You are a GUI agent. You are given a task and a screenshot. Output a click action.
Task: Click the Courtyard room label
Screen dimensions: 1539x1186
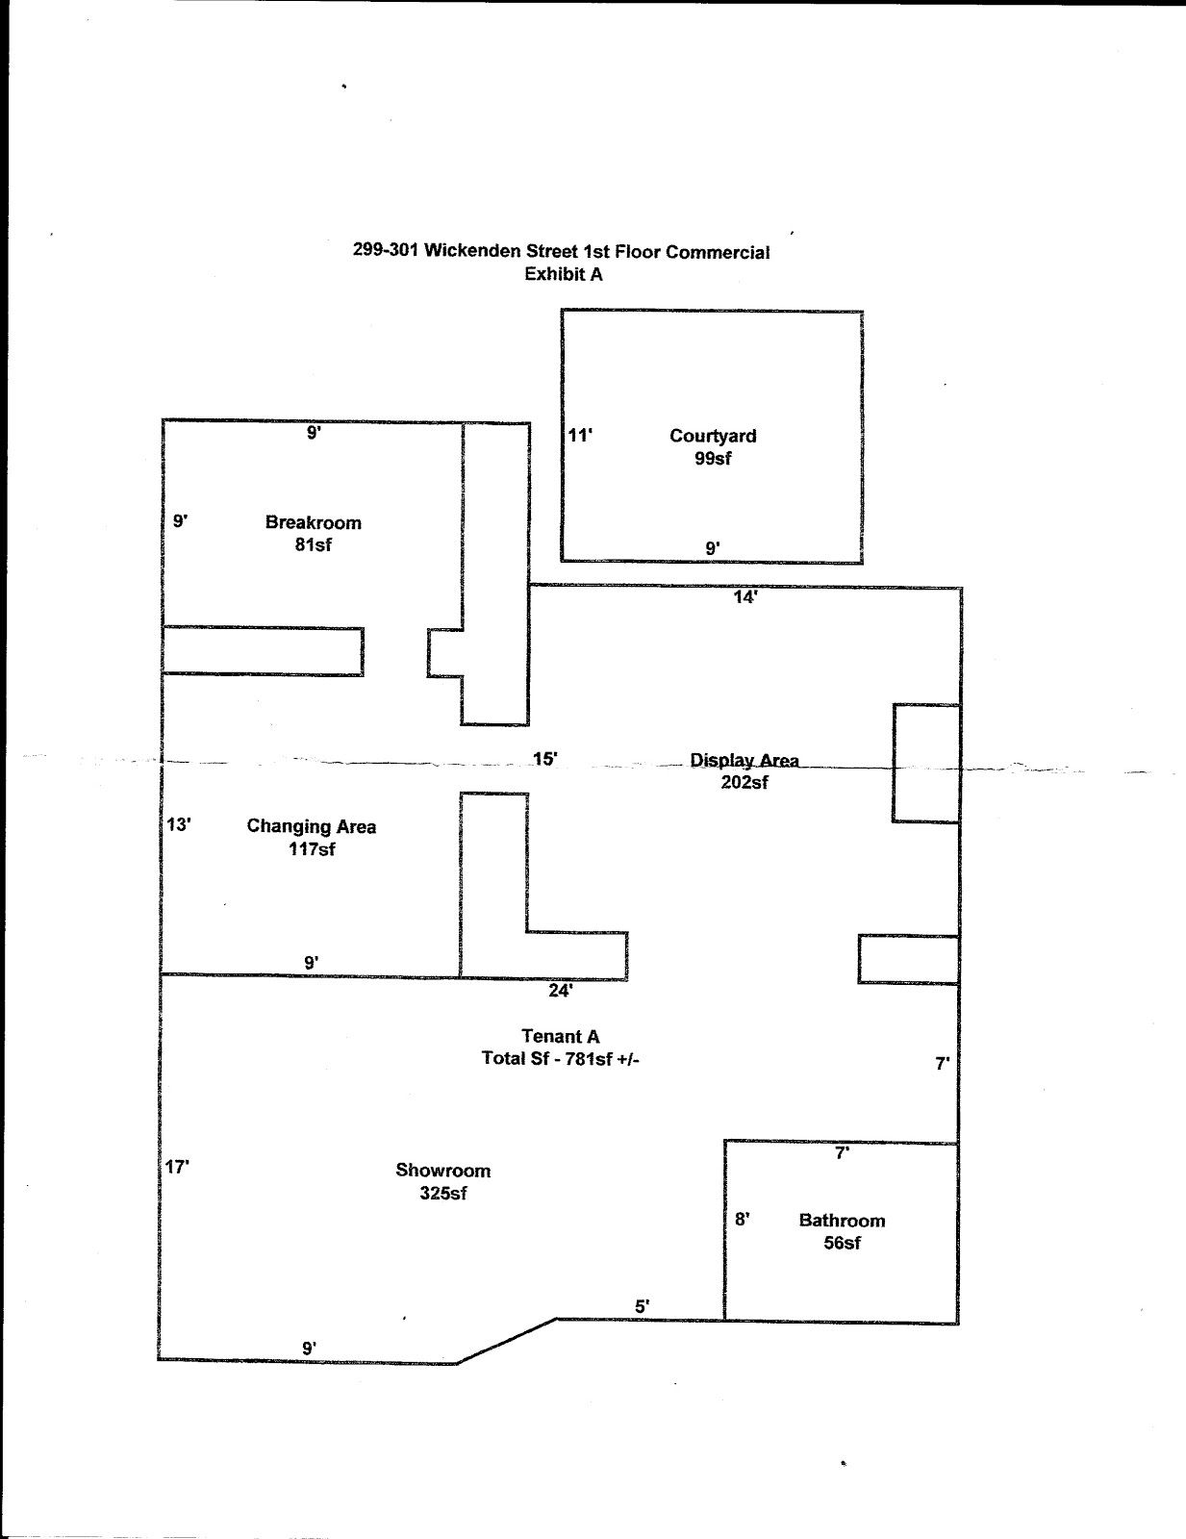[x=713, y=436]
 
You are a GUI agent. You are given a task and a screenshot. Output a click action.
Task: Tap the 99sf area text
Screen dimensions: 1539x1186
[x=713, y=459]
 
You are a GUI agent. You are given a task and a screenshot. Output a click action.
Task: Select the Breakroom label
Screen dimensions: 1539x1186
[x=314, y=522]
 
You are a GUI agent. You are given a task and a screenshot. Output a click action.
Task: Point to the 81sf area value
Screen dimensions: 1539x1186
[x=314, y=544]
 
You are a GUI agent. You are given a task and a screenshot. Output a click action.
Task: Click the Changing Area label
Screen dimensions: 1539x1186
[x=312, y=826]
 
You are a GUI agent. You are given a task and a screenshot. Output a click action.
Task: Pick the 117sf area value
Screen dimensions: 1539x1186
[x=312, y=849]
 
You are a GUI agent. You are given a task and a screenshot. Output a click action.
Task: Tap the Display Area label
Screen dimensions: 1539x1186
[x=744, y=761]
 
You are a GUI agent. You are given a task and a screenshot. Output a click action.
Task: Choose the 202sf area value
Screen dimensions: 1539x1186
[x=744, y=783]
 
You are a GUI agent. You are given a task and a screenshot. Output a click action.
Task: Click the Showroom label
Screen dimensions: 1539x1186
[x=443, y=1171]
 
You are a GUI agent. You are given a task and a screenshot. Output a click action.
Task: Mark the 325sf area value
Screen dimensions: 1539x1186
[x=443, y=1194]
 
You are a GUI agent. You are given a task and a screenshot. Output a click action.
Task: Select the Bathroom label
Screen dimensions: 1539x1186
[x=842, y=1221]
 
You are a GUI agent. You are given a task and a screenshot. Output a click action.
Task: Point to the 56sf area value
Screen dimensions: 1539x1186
[x=842, y=1243]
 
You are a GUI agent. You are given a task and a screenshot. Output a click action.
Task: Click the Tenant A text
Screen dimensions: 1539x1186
[x=561, y=1036]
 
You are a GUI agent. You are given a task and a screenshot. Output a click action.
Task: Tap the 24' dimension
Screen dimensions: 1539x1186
[x=561, y=990]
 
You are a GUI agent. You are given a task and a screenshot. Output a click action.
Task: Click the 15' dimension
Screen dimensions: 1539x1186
[x=544, y=759]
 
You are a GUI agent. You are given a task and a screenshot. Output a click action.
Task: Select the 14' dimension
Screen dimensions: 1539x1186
[x=745, y=597]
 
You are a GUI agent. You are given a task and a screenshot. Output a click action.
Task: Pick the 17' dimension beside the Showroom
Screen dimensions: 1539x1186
[x=177, y=1168]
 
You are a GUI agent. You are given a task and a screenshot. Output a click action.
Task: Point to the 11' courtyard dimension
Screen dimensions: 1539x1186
[x=580, y=436]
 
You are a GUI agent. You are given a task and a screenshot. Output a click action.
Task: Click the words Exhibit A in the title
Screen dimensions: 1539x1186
[x=564, y=274]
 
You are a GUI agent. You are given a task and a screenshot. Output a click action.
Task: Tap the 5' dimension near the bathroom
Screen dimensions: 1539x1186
[x=642, y=1306]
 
